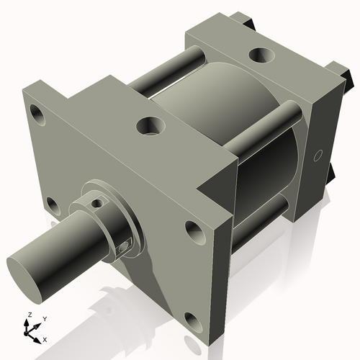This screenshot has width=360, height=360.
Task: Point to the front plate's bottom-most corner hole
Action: pyautogui.click(x=191, y=318)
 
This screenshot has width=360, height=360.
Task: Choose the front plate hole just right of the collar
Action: pyautogui.click(x=194, y=230)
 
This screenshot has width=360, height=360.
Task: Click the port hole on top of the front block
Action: pyautogui.click(x=152, y=127)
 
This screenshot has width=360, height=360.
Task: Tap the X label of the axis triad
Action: pyautogui.click(x=45, y=338)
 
